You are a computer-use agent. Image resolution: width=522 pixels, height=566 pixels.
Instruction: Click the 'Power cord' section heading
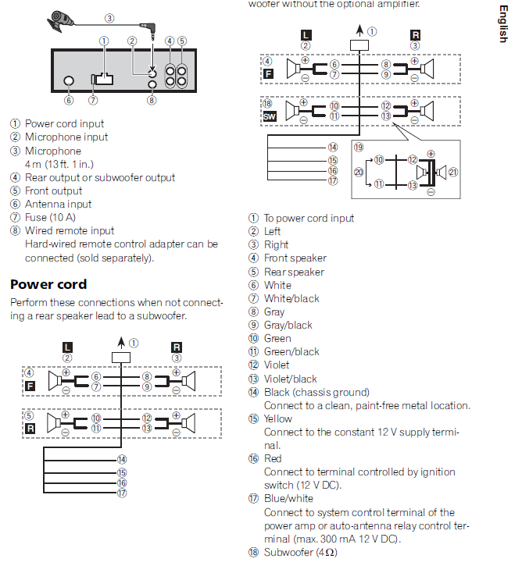48,284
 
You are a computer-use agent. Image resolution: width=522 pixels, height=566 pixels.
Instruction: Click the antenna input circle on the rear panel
69,81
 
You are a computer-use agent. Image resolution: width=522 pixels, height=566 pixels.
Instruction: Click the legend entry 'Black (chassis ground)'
316,392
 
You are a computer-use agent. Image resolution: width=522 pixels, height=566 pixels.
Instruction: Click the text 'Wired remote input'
70,230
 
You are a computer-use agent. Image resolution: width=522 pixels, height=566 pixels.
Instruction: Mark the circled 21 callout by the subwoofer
453,171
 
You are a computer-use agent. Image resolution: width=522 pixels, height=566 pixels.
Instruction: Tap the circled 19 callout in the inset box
358,146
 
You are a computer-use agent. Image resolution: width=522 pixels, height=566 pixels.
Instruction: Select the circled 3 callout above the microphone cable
109,18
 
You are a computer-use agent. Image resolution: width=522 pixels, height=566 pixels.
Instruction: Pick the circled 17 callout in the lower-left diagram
121,493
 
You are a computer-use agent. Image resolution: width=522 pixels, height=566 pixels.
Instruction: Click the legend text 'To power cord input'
309,218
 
